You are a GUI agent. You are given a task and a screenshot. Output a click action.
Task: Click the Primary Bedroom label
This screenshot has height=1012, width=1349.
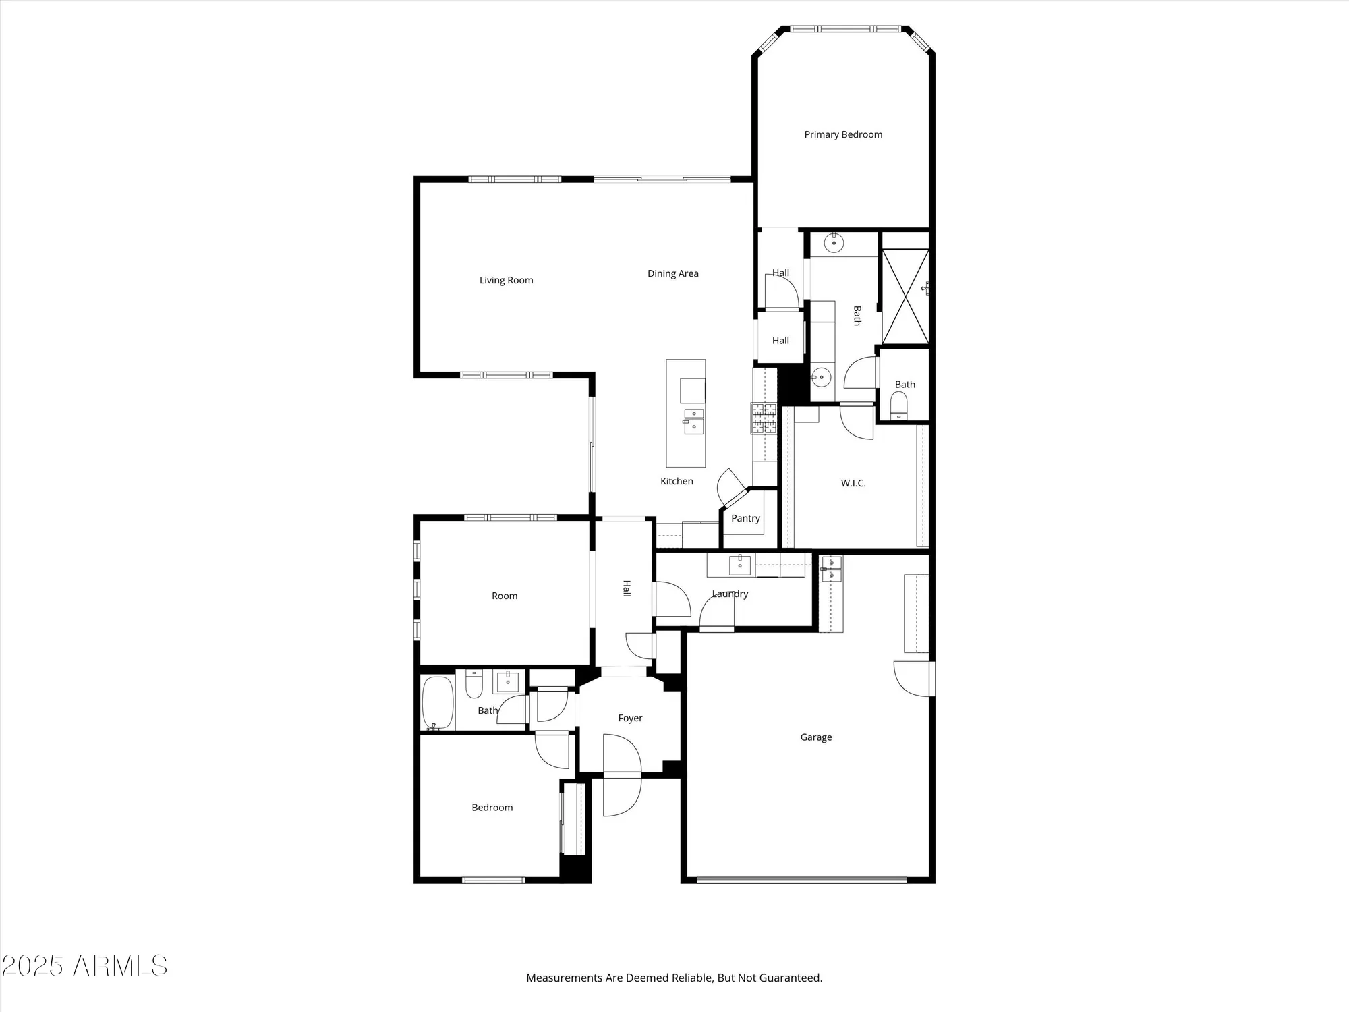[843, 134]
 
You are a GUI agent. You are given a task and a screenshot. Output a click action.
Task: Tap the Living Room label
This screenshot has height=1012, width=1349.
[506, 280]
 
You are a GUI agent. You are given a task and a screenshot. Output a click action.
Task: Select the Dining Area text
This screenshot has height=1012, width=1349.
[672, 273]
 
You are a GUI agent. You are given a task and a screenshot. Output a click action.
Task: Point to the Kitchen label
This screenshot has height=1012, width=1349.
[677, 481]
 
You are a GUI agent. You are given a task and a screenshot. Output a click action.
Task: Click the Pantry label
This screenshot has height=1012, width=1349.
[745, 518]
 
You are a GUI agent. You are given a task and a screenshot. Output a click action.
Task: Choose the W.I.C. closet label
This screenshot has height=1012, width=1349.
[853, 483]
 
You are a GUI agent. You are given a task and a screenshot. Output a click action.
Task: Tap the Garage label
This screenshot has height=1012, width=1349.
[815, 737]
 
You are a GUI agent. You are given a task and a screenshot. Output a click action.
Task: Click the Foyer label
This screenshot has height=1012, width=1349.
[630, 718]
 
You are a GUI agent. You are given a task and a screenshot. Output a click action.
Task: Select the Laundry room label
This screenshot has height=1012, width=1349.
[730, 594]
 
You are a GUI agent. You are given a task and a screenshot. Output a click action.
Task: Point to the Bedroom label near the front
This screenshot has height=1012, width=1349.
[492, 807]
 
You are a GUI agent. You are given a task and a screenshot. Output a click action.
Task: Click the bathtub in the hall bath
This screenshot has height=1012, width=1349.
[437, 703]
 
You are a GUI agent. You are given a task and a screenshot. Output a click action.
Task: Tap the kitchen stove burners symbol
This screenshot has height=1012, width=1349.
[764, 418]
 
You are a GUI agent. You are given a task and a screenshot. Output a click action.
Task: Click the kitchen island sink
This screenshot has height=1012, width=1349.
[693, 420]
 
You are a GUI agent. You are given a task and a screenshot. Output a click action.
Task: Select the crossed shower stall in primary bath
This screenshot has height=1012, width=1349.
[905, 296]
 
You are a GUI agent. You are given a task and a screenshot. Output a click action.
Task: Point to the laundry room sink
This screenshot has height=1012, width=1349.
[740, 565]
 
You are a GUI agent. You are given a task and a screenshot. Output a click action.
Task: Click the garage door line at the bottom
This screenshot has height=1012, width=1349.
[801, 879]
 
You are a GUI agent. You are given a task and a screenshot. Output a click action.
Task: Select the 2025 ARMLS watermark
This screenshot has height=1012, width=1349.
[84, 966]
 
